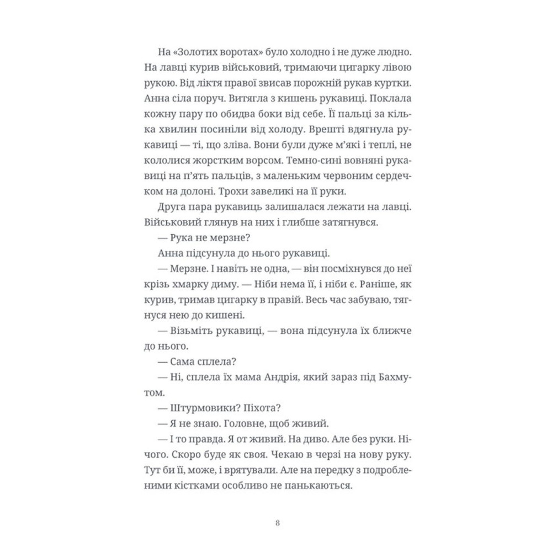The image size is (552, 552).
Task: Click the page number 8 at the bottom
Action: click(x=276, y=522)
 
